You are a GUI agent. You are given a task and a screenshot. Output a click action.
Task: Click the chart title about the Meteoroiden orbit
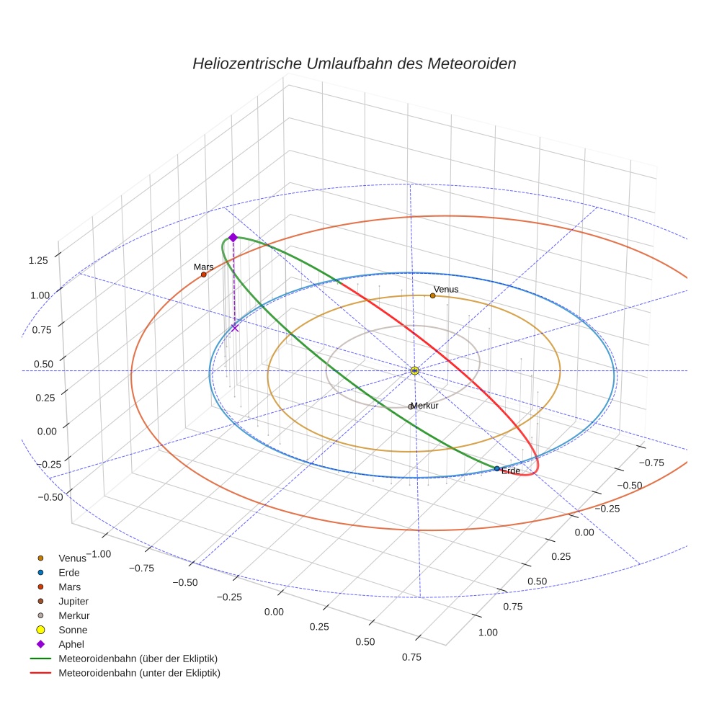coord(354,63)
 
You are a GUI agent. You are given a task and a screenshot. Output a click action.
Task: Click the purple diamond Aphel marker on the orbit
coord(233,237)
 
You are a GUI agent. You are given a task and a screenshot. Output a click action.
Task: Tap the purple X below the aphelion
coord(235,328)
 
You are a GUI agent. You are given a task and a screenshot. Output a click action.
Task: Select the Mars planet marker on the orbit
coord(204,275)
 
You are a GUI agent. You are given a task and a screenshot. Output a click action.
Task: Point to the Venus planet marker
coord(432,295)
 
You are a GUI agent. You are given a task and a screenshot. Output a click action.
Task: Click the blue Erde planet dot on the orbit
coord(496,468)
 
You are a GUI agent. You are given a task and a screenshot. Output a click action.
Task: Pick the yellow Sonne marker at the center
coord(414,370)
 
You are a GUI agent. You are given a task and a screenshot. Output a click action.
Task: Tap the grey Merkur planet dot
coord(411,406)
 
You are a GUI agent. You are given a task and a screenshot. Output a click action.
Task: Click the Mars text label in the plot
coord(203,267)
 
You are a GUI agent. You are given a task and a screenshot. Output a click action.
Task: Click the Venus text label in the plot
coord(446,289)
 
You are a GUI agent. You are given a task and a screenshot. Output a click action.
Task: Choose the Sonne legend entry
coord(73,630)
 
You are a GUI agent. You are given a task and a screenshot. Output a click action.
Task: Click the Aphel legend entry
coord(71,644)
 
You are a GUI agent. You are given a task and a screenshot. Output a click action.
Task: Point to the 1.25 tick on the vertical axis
coord(38,259)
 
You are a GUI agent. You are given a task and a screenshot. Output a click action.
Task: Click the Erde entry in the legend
coord(69,572)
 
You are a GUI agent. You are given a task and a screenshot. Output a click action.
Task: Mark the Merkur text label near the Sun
coord(425,406)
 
